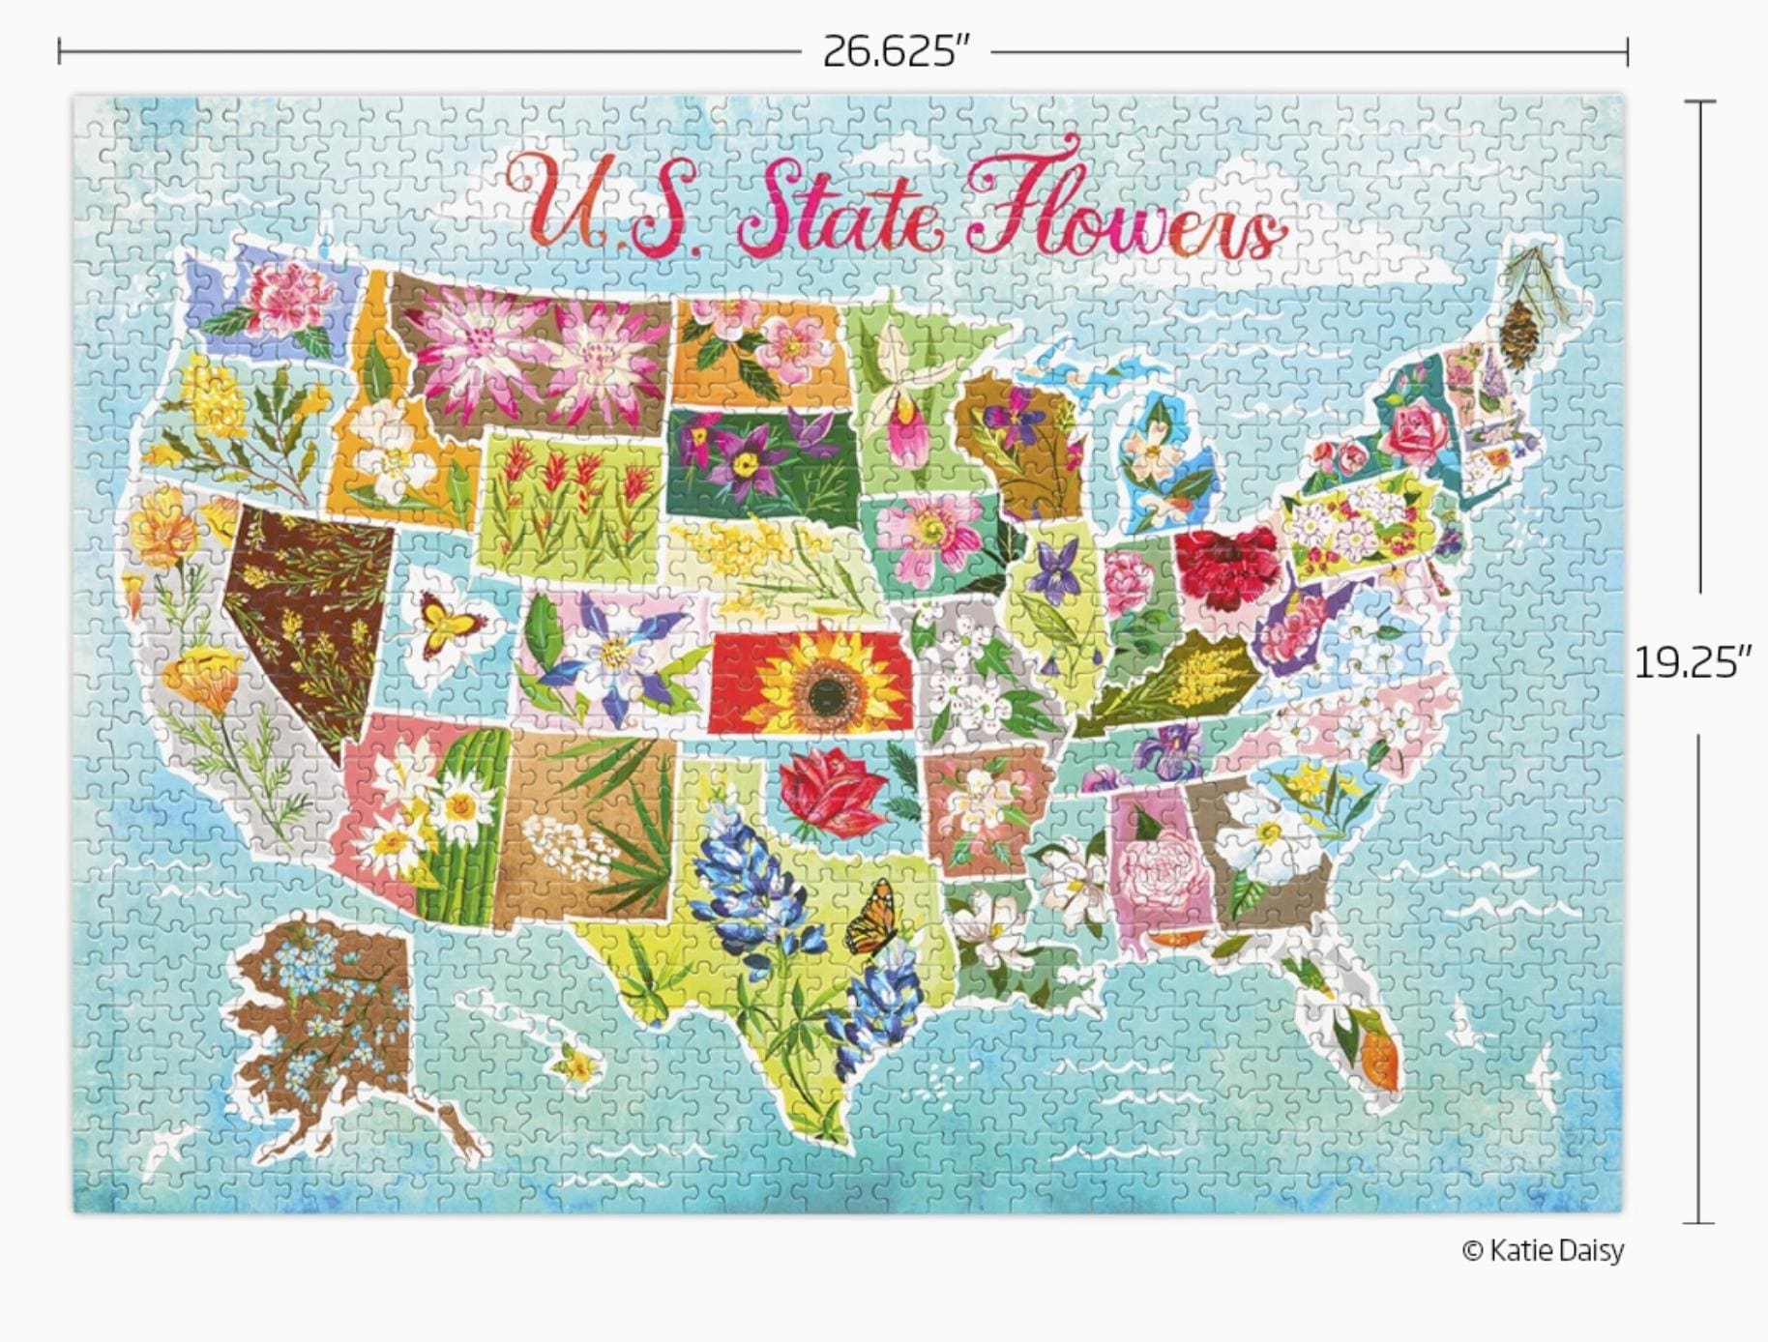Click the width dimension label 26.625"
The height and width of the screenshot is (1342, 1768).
895,51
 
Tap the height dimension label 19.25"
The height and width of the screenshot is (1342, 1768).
1693,663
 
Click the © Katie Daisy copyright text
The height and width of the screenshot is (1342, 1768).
1543,1250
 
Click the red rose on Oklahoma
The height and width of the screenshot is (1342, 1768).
831,794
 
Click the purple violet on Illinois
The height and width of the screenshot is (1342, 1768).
1055,571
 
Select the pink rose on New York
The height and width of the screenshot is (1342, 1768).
1414,431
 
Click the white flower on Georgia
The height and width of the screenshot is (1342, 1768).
1262,842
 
